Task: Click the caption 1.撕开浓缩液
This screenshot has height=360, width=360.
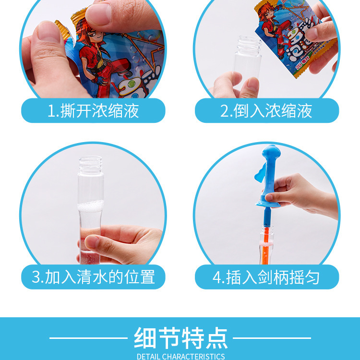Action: tap(93, 111)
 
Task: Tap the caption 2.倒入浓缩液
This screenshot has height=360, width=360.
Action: tap(266, 111)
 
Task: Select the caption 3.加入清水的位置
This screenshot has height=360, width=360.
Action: tap(93, 277)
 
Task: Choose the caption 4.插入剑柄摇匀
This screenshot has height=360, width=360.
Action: tap(266, 277)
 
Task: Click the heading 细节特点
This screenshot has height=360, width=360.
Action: tap(180, 338)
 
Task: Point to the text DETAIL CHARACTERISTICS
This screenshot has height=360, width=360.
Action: tap(180, 356)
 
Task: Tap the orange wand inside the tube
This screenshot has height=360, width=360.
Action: tap(265, 240)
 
